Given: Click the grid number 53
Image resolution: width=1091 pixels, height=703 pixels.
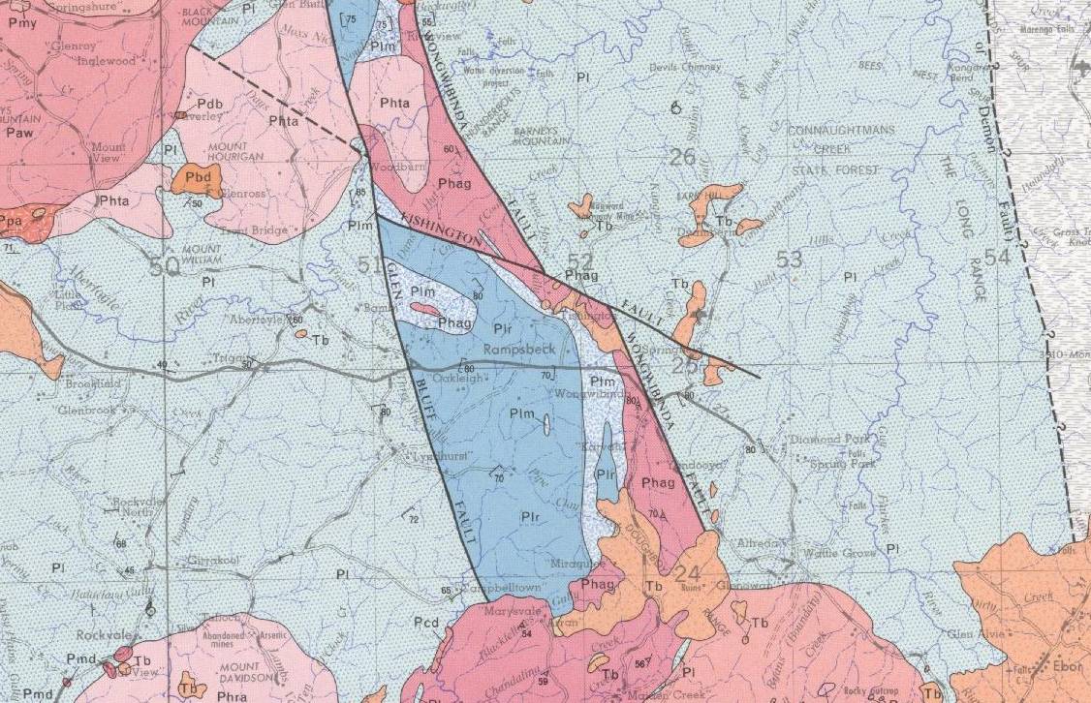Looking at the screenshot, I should coord(789,259).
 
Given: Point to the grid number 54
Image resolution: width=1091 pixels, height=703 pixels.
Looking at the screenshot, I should coord(997,257).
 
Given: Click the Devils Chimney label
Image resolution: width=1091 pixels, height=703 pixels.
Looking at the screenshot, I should coord(687,67).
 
